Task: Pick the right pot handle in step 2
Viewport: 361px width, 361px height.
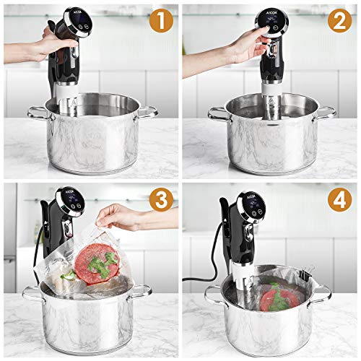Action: tap(326, 112)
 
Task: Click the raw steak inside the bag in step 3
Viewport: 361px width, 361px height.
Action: tap(94, 260)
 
